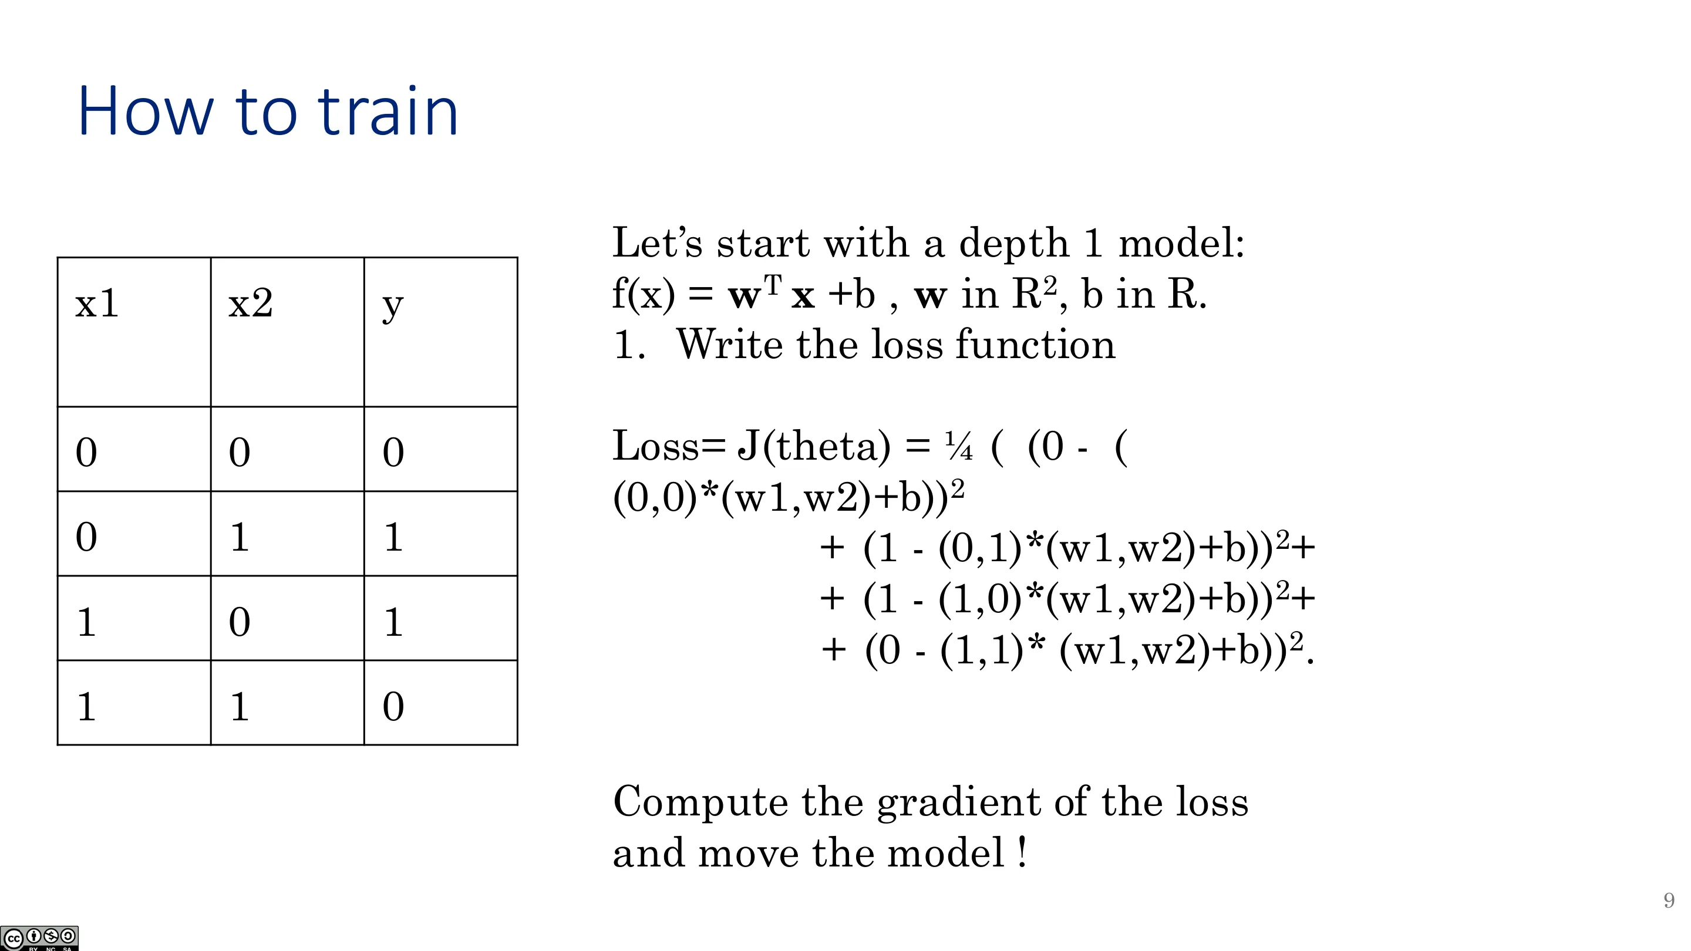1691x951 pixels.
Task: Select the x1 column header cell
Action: (134, 332)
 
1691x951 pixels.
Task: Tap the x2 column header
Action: (288, 332)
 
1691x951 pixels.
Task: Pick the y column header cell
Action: (440, 332)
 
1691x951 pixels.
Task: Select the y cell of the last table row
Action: (440, 703)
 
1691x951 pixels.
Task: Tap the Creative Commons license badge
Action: (39, 938)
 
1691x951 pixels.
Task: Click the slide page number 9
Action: (1669, 900)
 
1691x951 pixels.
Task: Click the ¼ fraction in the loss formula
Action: (958, 447)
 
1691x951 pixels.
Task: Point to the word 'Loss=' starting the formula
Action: (668, 446)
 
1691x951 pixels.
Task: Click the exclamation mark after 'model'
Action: (1022, 852)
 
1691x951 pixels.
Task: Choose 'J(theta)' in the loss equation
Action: (814, 447)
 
